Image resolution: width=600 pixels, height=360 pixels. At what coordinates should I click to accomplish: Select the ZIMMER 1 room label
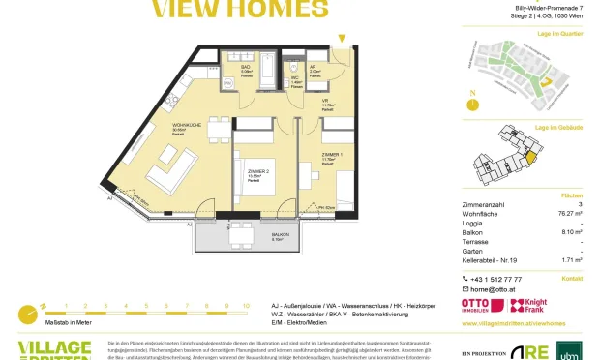pyautogui.click(x=331, y=154)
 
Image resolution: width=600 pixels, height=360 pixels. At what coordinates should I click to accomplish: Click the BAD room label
pyautogui.click(x=246, y=69)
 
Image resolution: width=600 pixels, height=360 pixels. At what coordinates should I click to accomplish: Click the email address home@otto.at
pyautogui.click(x=493, y=289)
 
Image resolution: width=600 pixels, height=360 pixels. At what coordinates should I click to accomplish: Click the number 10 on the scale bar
pyautogui.click(x=246, y=305)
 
